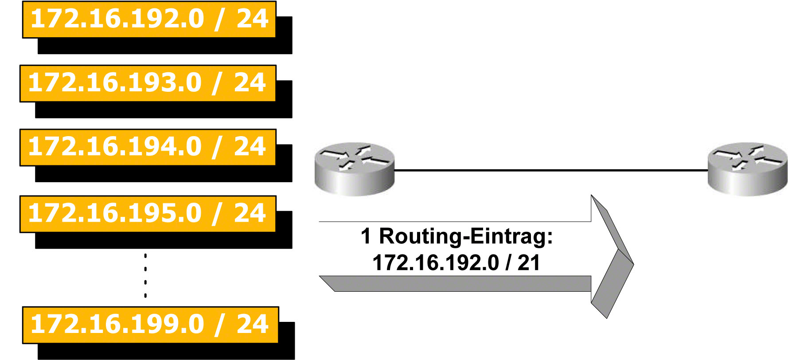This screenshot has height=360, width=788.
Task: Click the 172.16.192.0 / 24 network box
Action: (149, 20)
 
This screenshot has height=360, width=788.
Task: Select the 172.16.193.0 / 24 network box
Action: (148, 83)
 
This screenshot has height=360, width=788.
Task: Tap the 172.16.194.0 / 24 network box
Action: (148, 147)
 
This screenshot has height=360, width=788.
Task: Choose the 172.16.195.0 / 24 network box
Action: (148, 214)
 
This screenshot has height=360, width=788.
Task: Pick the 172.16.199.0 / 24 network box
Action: (150, 325)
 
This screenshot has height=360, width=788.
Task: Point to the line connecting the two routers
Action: (550, 170)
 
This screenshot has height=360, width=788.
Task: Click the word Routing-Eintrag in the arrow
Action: (465, 236)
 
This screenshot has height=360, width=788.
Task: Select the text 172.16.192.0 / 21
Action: (456, 262)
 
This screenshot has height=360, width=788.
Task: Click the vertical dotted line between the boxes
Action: (145, 275)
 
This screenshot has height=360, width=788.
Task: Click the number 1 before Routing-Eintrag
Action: (366, 236)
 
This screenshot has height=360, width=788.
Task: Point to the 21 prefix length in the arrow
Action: (528, 262)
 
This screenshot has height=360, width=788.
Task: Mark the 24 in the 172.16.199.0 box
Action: (253, 324)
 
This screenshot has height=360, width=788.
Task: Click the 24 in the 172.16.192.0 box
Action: (253, 19)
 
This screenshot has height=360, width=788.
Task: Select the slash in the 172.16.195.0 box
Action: (217, 214)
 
